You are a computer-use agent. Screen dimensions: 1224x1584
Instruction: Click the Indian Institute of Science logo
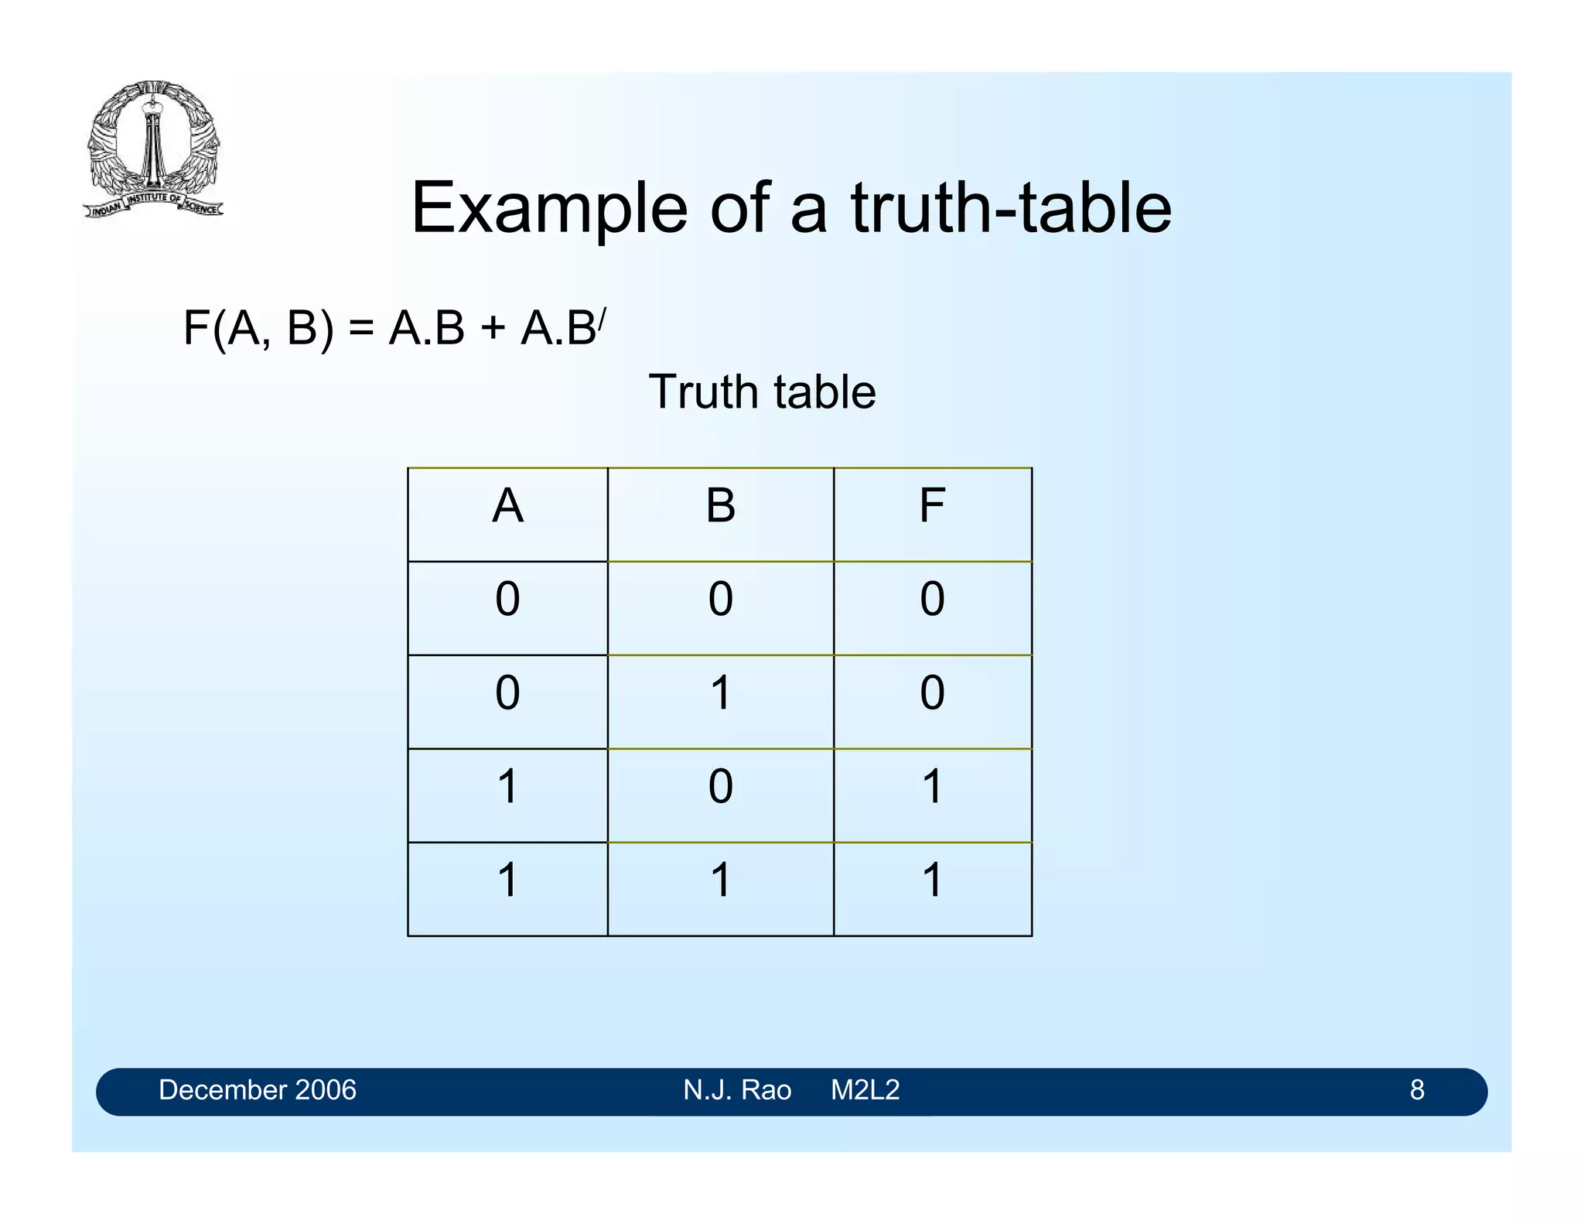point(152,149)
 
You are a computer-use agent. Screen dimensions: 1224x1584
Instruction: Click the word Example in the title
point(548,208)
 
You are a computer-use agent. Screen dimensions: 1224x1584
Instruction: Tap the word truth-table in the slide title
point(1011,208)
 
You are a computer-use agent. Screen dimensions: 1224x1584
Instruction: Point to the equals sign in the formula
point(361,327)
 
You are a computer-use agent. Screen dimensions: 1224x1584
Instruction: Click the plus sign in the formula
point(492,328)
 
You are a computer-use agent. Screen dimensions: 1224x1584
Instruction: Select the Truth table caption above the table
point(762,391)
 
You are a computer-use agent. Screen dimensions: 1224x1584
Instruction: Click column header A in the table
point(507,507)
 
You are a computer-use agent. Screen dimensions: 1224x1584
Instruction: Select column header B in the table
point(720,507)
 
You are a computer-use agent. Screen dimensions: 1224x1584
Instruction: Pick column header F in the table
point(932,507)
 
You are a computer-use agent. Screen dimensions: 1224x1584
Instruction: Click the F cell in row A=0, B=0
point(932,600)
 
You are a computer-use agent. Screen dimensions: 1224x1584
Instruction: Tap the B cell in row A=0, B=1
point(720,693)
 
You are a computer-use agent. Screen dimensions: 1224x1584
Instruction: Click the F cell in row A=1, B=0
point(932,787)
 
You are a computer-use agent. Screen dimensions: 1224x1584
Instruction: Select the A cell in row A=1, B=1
point(507,880)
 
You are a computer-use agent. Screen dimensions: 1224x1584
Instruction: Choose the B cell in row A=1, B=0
point(720,787)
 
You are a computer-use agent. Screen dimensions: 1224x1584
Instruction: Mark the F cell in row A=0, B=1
point(932,693)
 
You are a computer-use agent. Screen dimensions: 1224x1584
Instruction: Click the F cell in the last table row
point(932,880)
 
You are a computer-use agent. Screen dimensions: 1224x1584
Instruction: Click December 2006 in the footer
point(257,1090)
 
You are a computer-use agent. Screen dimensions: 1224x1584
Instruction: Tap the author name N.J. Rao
point(737,1090)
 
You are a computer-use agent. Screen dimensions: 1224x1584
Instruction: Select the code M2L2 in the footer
point(865,1090)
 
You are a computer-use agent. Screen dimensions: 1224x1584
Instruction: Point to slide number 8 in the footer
point(1416,1090)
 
